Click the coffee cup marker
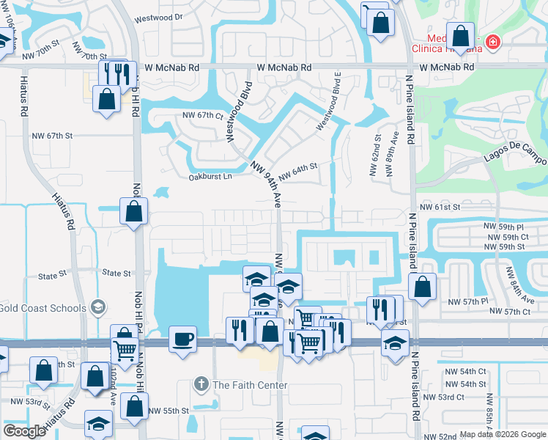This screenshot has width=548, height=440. click(182, 339)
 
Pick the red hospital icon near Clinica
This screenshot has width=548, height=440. click(493, 42)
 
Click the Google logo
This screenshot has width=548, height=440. click(25, 430)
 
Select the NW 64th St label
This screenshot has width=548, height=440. click(297, 167)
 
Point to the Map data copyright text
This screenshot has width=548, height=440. click(502, 433)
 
